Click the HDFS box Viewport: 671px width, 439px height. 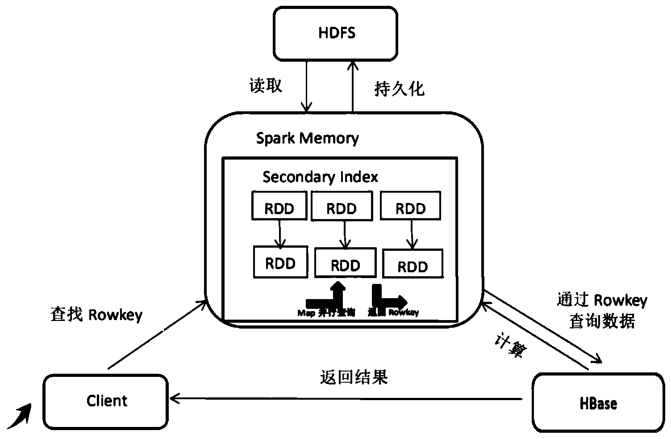[x=336, y=34]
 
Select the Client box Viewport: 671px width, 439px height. [x=106, y=401]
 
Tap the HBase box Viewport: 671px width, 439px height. [x=598, y=404]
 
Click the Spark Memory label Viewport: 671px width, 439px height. [x=307, y=138]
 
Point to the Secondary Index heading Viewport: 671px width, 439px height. [x=320, y=177]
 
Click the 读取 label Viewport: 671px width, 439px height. [x=266, y=85]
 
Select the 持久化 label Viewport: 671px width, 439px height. [x=399, y=89]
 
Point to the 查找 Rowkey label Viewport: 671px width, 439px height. [x=96, y=315]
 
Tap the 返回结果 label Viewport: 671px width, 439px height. [x=354, y=378]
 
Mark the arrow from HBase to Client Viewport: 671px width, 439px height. [x=348, y=397]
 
